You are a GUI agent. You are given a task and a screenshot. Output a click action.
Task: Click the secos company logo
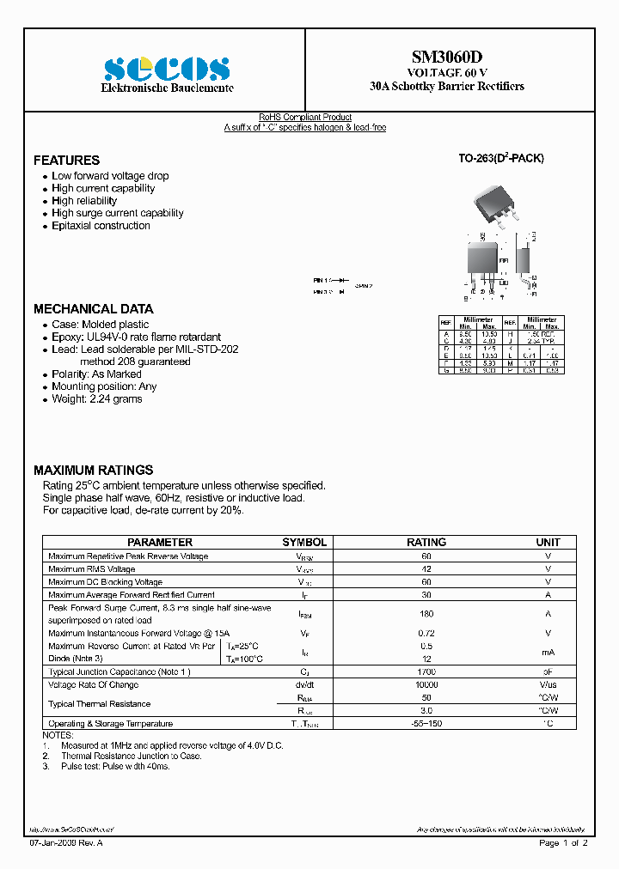click(x=167, y=69)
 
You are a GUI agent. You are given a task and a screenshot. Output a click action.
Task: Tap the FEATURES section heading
click(x=66, y=161)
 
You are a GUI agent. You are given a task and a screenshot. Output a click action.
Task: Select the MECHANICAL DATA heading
click(x=93, y=309)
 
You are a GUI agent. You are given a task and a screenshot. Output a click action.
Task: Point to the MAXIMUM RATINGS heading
click(x=93, y=471)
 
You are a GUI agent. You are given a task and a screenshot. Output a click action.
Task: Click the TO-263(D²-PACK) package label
click(x=500, y=159)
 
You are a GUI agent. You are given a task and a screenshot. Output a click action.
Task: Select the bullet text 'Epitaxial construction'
click(x=101, y=226)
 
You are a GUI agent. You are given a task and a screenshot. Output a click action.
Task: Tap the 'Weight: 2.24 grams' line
click(x=96, y=399)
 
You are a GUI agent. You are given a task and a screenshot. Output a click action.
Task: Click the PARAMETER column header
click(x=160, y=543)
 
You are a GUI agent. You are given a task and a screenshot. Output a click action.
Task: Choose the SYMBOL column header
click(x=304, y=543)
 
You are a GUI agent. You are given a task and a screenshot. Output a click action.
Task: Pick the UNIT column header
click(x=548, y=543)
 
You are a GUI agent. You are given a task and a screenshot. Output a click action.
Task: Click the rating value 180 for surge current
click(x=426, y=614)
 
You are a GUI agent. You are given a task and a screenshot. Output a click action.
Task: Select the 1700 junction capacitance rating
click(x=426, y=671)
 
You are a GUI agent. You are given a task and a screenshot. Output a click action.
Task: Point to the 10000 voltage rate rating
click(x=426, y=684)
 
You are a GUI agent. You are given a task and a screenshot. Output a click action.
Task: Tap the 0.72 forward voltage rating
click(x=426, y=633)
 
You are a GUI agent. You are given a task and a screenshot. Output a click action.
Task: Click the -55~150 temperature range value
click(x=426, y=724)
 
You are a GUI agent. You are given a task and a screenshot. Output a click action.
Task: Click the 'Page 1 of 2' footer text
click(x=563, y=843)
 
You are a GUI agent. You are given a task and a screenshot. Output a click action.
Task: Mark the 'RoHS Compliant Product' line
click(x=305, y=118)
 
